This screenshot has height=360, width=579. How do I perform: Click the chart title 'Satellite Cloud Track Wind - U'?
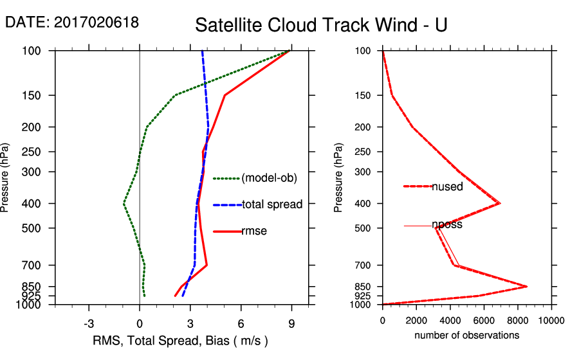[321, 25]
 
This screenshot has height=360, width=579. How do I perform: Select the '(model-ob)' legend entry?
[269, 178]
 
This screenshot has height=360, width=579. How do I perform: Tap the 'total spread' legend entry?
[271, 205]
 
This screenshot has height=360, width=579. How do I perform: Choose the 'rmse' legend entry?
[253, 231]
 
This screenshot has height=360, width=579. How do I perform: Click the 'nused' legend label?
[448, 186]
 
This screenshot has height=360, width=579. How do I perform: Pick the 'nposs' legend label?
[447, 225]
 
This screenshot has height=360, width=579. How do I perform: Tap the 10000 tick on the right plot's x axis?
[551, 319]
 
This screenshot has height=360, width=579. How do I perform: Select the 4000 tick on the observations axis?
[450, 319]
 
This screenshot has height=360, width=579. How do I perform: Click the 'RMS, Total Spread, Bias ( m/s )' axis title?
[181, 340]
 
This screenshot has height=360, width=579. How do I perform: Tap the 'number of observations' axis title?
[466, 335]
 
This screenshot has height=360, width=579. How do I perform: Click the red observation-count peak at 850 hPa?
[527, 286]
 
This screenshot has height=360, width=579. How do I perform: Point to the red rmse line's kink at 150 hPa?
[225, 95]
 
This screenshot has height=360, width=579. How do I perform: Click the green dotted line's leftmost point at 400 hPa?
[124, 204]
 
